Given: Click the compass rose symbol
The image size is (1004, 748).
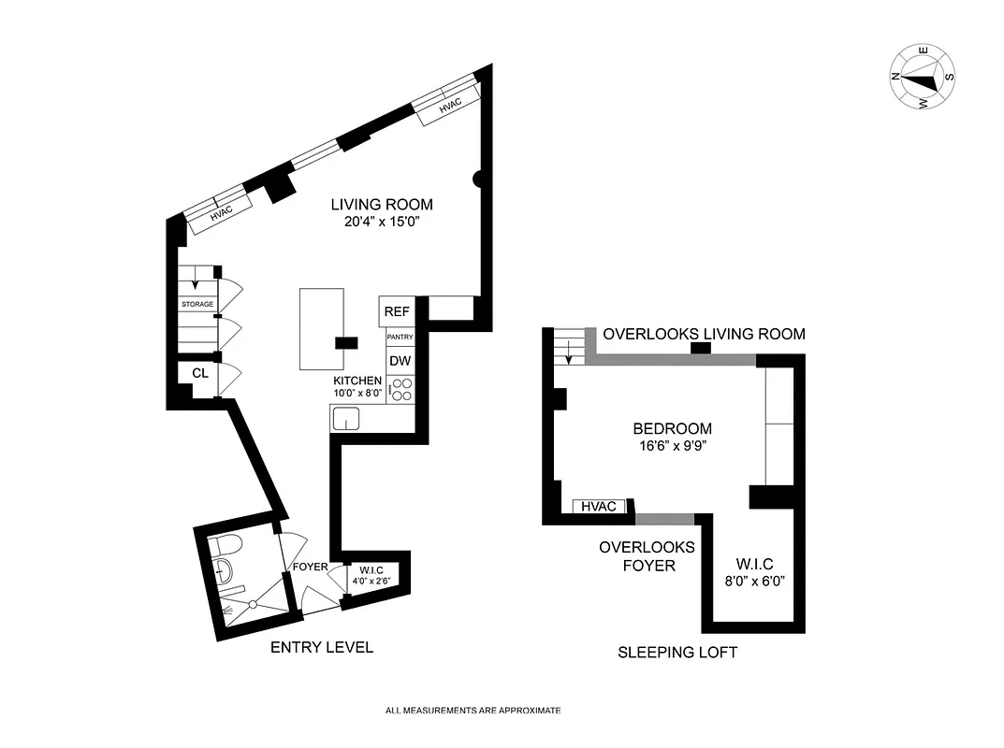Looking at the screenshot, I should pyautogui.click(x=922, y=76).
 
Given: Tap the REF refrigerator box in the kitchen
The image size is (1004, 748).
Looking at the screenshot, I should pyautogui.click(x=397, y=311).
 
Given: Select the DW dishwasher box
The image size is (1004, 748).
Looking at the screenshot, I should pyautogui.click(x=400, y=361).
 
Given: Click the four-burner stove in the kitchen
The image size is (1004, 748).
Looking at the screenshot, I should pyautogui.click(x=400, y=389).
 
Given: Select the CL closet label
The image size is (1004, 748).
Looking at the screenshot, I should pyautogui.click(x=199, y=373).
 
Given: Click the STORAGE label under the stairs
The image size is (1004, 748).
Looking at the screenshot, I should pyautogui.click(x=197, y=305).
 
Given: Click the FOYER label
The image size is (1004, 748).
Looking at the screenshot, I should pyautogui.click(x=310, y=567).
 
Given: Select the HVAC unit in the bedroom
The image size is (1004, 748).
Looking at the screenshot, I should pyautogui.click(x=599, y=506).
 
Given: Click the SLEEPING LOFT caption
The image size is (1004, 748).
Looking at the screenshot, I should pyautogui.click(x=677, y=653).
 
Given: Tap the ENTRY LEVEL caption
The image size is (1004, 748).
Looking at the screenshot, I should pyautogui.click(x=322, y=647).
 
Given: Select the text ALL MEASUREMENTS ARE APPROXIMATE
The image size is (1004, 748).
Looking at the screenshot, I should pyautogui.click(x=473, y=711).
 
